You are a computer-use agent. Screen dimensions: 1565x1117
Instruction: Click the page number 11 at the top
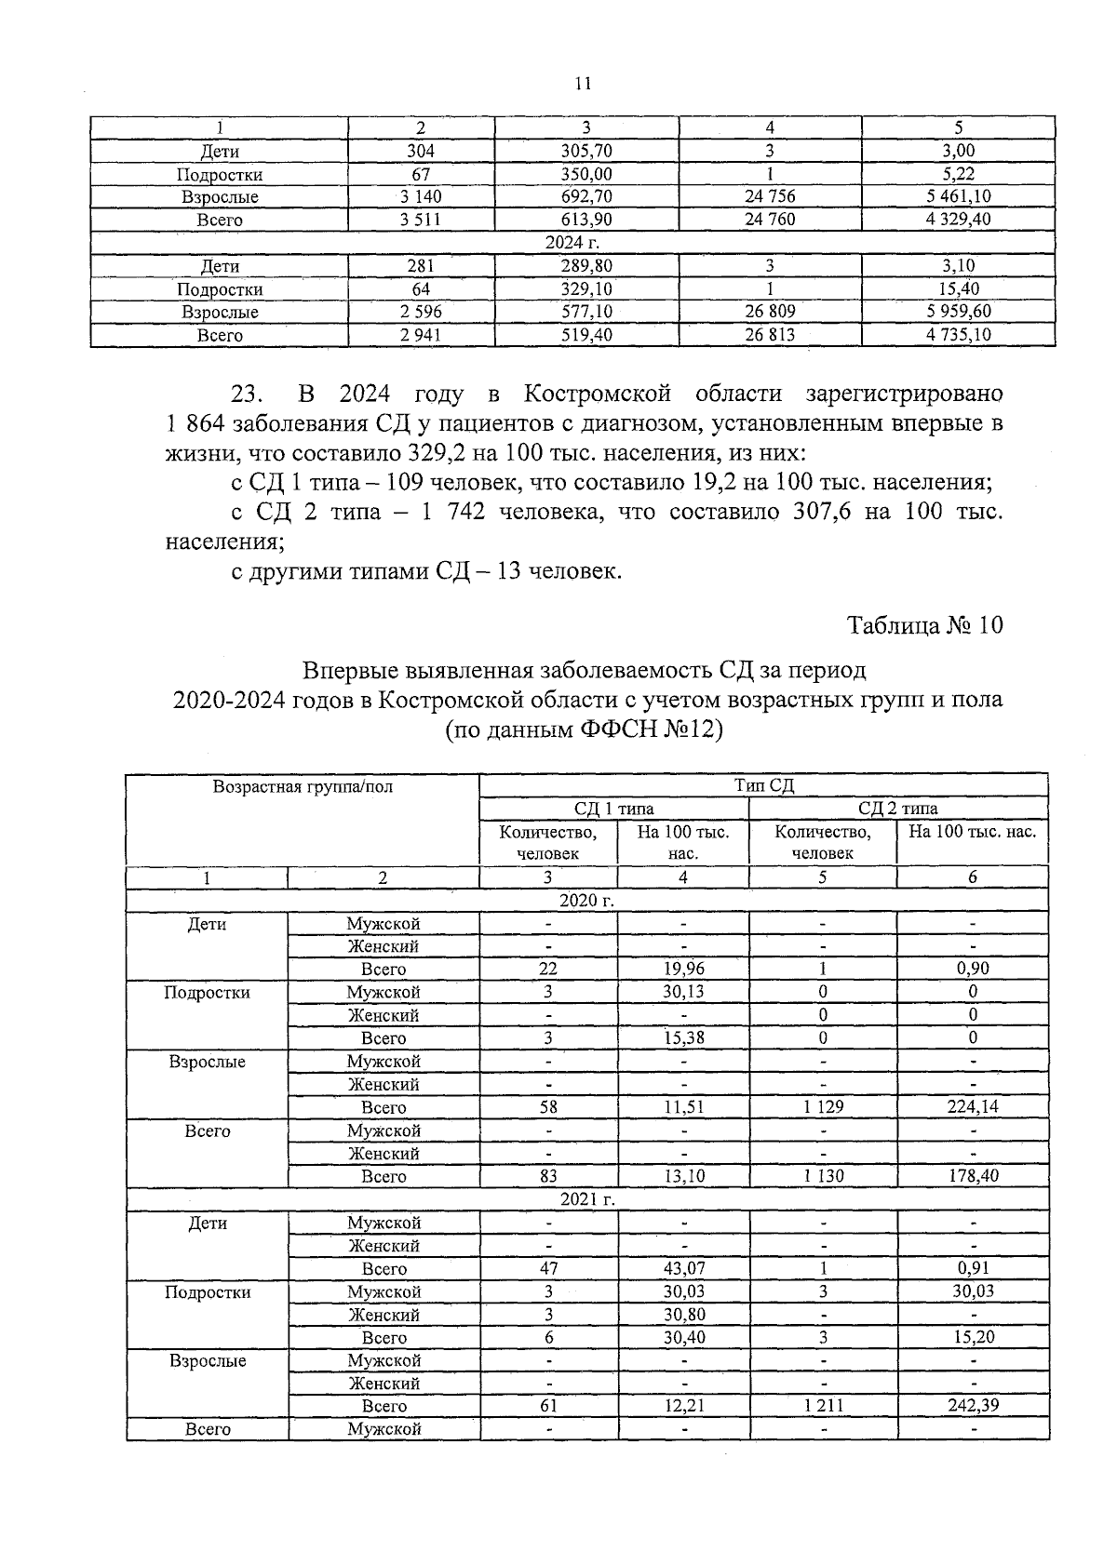pyautogui.click(x=584, y=84)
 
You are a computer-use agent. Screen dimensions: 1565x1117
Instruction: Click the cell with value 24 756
pyautogui.click(x=770, y=196)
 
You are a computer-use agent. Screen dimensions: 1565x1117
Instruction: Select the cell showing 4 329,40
pyautogui.click(x=958, y=220)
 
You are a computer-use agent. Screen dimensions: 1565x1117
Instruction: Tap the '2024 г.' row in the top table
pyautogui.click(x=572, y=243)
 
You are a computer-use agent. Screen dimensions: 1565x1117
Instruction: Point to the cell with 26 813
pyautogui.click(x=770, y=335)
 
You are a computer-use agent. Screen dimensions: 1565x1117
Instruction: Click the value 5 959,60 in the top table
pyautogui.click(x=958, y=312)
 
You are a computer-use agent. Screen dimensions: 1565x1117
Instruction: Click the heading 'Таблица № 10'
pyautogui.click(x=924, y=625)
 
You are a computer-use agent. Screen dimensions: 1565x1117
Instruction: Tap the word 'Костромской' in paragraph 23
pyautogui.click(x=597, y=394)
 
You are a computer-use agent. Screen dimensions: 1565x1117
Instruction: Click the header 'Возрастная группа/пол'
pyautogui.click(x=303, y=786)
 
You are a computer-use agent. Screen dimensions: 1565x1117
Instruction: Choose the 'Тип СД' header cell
pyautogui.click(x=763, y=785)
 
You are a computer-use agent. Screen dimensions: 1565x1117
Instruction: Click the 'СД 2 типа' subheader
pyautogui.click(x=897, y=808)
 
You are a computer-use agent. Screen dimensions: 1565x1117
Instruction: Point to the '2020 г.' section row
pyautogui.click(x=586, y=900)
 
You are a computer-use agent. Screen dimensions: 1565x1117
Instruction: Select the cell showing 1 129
pyautogui.click(x=823, y=1107)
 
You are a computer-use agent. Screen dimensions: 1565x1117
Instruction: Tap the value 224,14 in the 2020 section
pyautogui.click(x=972, y=1107)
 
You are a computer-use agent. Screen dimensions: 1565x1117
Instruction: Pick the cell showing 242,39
pyautogui.click(x=972, y=1406)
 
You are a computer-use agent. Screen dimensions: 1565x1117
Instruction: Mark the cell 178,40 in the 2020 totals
pyautogui.click(x=972, y=1176)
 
